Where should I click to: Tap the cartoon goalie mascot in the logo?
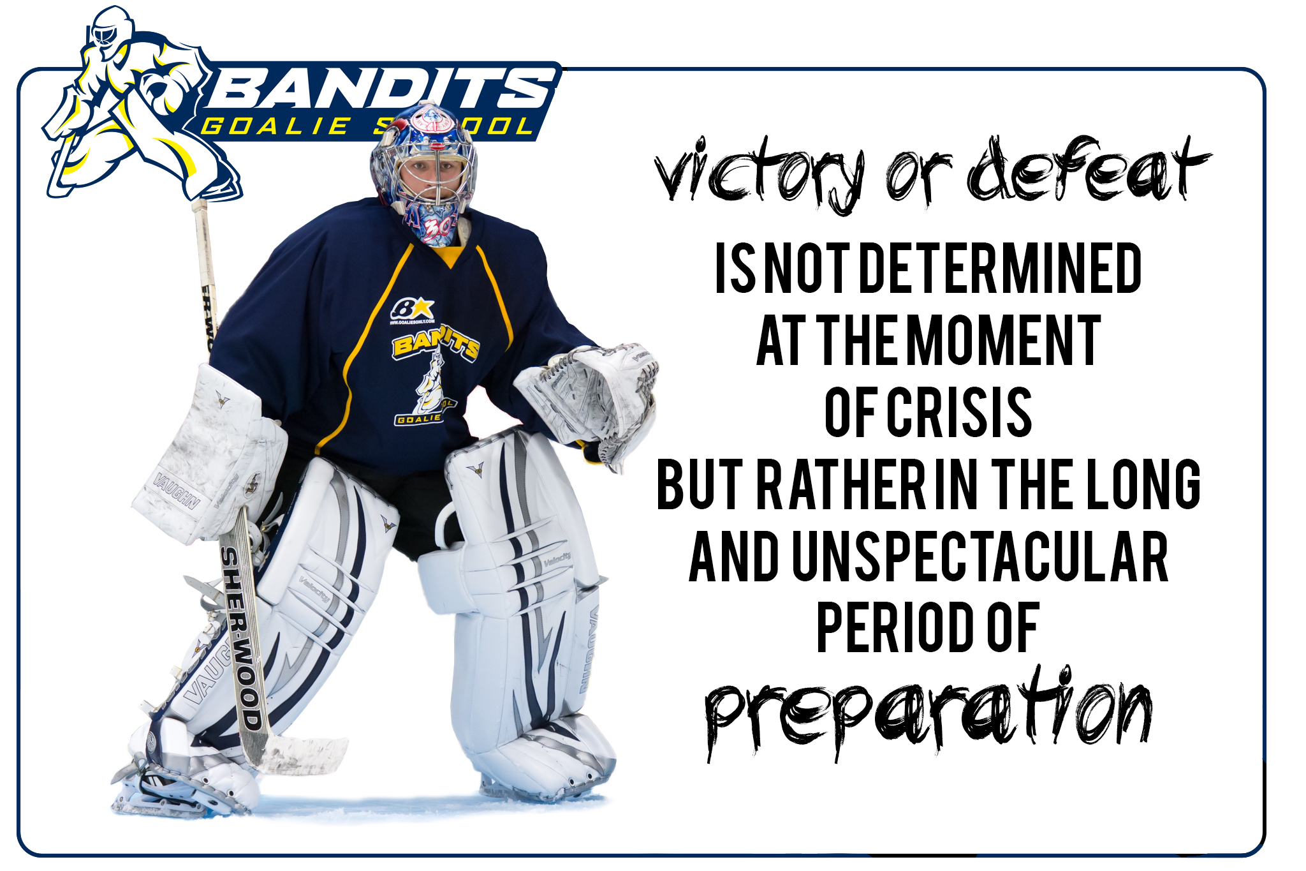137,105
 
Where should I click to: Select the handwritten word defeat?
1088,169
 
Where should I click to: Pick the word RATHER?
842,484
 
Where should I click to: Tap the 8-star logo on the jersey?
412,309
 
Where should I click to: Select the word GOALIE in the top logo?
275,126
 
